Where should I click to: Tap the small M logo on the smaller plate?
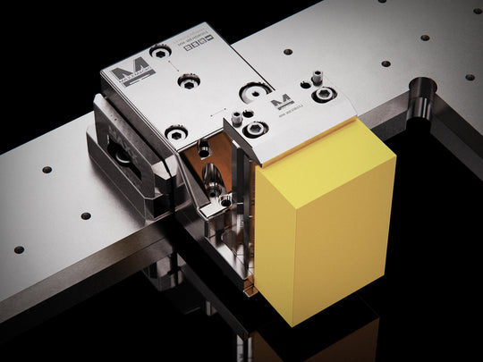(x=281, y=101)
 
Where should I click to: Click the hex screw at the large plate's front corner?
(x=177, y=133)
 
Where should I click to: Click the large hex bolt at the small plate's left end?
(x=254, y=130)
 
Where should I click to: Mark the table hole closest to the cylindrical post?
(x=386, y=63)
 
